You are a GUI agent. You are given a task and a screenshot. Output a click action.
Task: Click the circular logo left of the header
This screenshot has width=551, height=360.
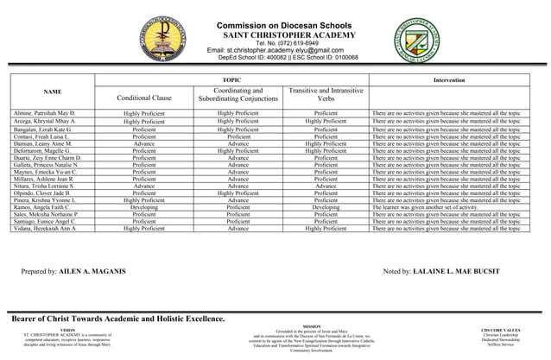(155, 39)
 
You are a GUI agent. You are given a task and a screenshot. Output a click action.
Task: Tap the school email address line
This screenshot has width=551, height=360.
(282, 50)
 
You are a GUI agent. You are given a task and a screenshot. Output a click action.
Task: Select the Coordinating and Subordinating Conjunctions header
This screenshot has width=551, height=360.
(237, 95)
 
